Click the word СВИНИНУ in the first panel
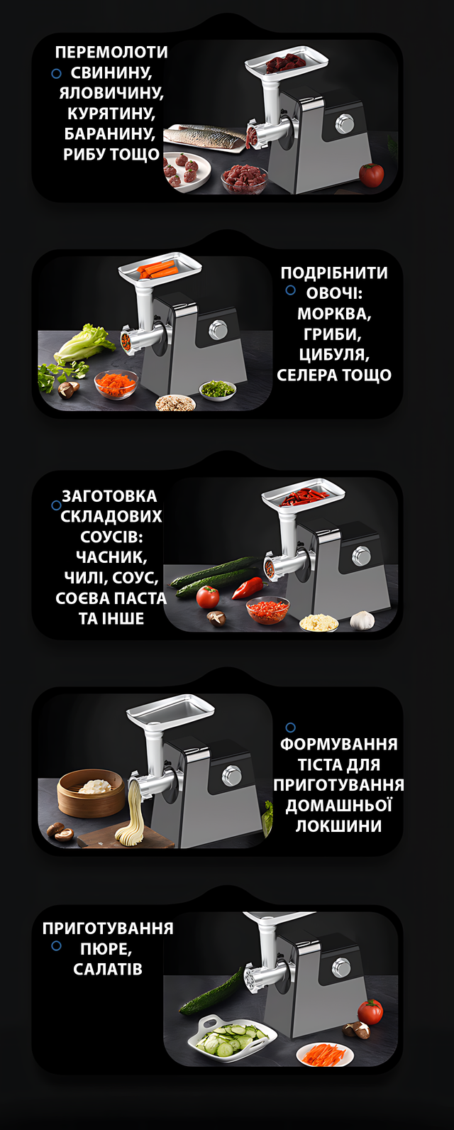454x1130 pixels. tap(111, 72)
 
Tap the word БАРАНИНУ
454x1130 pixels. tap(109, 133)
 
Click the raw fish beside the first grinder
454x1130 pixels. tap(206, 136)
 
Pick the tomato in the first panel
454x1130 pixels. tap(372, 175)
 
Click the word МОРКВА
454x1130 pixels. tap(334, 314)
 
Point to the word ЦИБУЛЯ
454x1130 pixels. tap(334, 354)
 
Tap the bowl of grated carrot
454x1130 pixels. tap(116, 383)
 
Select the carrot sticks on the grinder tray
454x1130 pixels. tap(156, 270)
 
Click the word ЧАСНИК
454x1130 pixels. tap(111, 557)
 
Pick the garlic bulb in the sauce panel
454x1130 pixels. tap(362, 620)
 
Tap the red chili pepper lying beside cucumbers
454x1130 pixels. tap(247, 587)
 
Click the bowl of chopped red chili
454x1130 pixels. tap(268, 610)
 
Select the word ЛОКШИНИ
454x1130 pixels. tap(338, 825)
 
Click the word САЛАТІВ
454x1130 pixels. tap(108, 969)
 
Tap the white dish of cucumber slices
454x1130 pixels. tap(231, 1035)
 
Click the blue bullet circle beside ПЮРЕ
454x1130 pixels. tap(57, 945)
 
